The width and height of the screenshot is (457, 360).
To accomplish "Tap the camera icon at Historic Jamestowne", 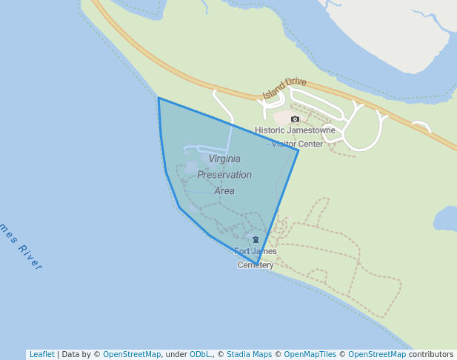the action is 295,119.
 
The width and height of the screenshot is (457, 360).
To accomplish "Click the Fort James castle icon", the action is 256,239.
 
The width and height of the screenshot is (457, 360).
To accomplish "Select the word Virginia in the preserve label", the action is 224,159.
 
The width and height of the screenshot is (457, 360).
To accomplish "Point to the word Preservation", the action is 224,175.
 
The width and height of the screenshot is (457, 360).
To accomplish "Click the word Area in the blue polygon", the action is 224,190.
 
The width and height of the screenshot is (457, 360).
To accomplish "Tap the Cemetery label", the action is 256,264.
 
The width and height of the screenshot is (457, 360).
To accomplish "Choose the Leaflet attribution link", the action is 41,355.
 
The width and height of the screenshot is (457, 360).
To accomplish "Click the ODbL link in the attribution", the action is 199,355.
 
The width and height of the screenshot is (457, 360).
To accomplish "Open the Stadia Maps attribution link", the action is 249,355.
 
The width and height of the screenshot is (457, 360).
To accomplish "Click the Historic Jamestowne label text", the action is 295,130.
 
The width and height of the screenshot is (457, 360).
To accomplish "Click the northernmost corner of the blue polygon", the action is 159,98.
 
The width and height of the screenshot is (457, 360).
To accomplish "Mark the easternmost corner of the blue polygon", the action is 298,150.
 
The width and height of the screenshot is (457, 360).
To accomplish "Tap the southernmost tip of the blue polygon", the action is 257,264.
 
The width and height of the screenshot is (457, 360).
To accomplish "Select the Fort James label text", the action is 256,251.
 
